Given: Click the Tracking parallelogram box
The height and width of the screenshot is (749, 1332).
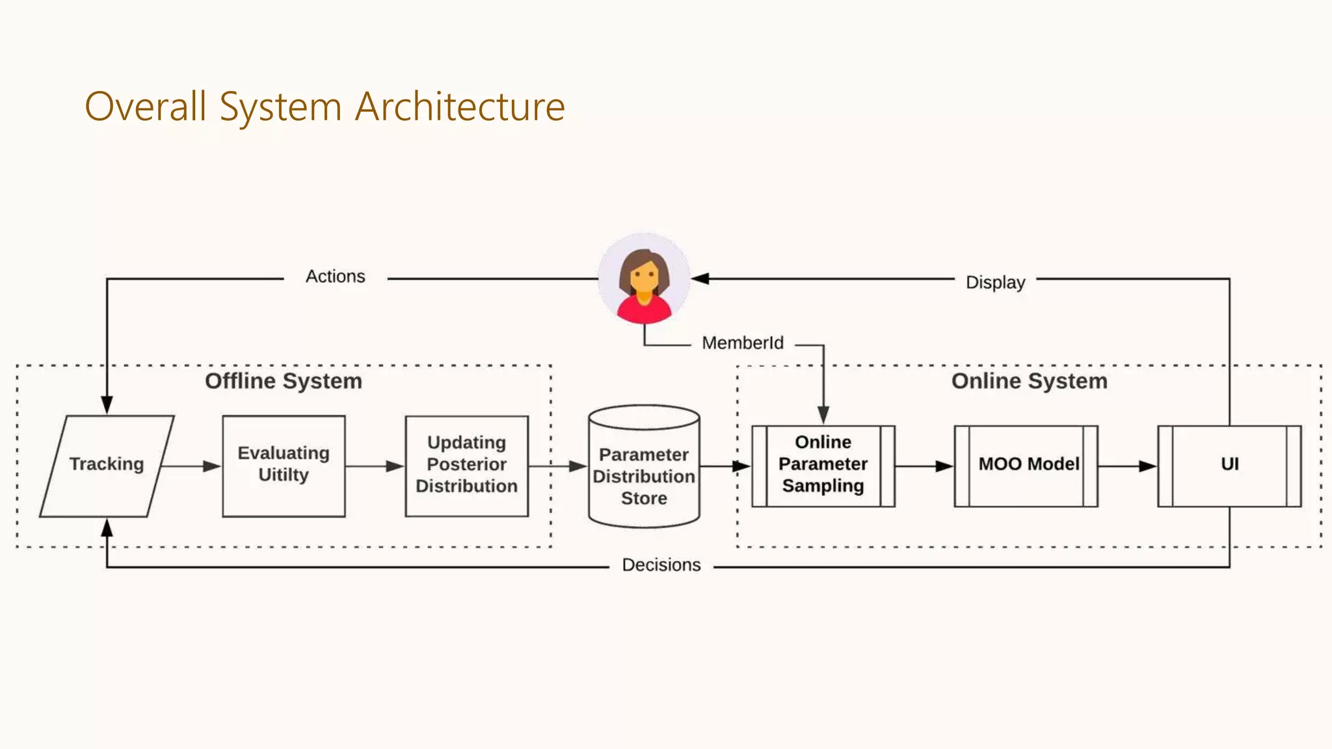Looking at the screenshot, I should tap(107, 466).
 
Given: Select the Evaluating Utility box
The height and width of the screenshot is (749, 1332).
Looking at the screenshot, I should tap(284, 466).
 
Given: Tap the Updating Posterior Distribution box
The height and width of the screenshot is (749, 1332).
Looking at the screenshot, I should tap(466, 466).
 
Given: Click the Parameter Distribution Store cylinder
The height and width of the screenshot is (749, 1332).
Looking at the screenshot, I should tap(644, 475).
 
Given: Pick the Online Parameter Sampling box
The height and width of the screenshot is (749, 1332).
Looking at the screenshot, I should tap(823, 466).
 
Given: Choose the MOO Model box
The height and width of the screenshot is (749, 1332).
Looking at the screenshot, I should tap(1026, 466).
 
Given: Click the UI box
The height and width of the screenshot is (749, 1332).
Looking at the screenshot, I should tap(1229, 466).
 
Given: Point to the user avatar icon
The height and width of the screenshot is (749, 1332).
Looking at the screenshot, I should tap(644, 278).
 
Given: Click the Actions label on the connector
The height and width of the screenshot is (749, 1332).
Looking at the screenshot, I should tap(335, 276).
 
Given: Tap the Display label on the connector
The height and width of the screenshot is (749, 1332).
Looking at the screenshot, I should tap(995, 282).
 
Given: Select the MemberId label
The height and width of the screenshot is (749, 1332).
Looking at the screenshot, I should tap(743, 343).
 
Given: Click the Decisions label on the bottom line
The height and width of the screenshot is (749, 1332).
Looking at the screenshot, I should tap(661, 564).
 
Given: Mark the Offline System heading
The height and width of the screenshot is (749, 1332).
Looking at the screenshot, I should tap(284, 381).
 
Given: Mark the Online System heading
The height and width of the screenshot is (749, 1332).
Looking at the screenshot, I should tap(1029, 381).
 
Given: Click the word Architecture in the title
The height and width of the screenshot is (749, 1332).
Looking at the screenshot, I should tap(460, 107).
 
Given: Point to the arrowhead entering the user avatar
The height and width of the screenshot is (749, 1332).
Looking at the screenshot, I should tap(700, 279).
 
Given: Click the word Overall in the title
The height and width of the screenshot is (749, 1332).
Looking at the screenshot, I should tap(146, 107).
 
